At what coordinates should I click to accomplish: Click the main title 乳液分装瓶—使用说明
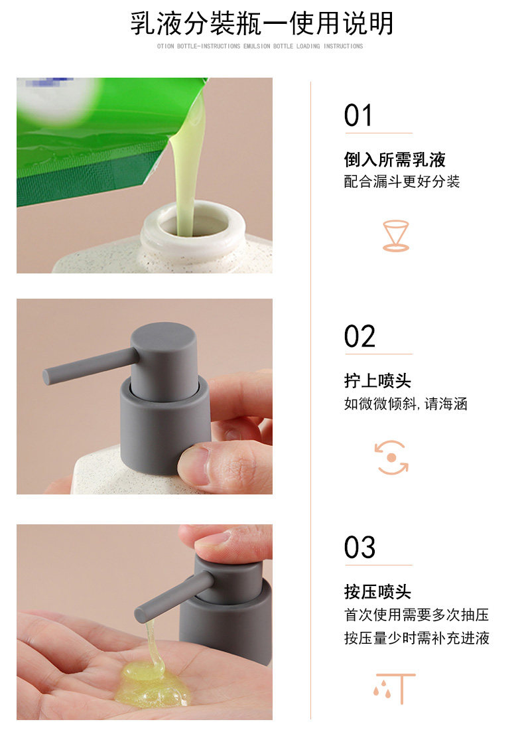[262, 23]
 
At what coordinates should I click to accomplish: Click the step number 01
[358, 115]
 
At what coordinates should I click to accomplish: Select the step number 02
[360, 336]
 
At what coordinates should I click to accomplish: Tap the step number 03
[360, 548]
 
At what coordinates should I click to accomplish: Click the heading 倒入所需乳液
[395, 159]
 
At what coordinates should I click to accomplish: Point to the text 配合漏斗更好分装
[402, 181]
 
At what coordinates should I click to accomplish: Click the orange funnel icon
[396, 236]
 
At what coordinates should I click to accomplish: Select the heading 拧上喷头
[377, 380]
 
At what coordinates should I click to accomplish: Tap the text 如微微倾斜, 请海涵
[405, 404]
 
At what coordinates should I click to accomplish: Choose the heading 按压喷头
[377, 592]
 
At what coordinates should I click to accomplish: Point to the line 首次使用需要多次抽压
[417, 615]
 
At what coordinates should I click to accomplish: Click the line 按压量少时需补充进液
[417, 638]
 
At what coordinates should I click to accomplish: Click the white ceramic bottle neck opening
[194, 226]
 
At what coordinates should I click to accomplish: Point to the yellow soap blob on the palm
[152, 683]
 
